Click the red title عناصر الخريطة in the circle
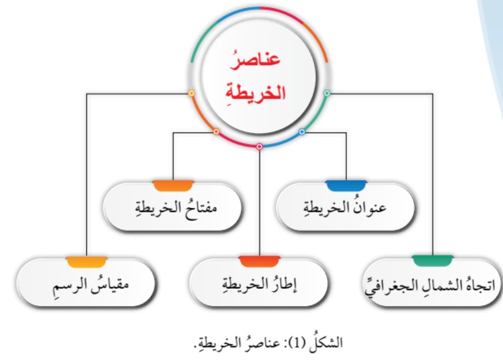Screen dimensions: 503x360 coord(255,77)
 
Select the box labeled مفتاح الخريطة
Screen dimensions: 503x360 coord(173,207)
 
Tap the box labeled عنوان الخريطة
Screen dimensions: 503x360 coord(346,207)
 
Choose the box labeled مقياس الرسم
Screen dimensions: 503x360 coord(86,283)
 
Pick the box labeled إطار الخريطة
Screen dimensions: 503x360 coord(259,283)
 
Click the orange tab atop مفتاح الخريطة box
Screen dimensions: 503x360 coord(173,186)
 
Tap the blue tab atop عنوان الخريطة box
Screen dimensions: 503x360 coord(346,186)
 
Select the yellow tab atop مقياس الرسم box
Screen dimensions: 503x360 coord(86,261)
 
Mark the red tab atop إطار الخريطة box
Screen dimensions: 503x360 coord(259,261)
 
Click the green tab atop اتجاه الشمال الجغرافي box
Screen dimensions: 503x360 coord(432,261)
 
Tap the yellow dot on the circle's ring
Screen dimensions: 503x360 coord(191,93)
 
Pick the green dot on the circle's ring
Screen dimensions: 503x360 coord(327,93)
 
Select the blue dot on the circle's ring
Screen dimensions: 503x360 coord(302,132)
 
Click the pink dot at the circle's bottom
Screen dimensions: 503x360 coord(259,147)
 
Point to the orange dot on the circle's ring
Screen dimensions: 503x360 coord(216,132)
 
